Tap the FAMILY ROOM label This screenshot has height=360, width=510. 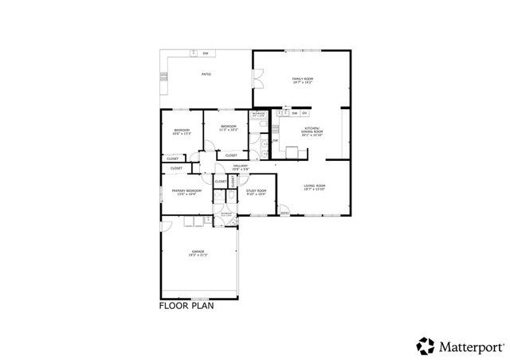pyautogui.click(x=302, y=79)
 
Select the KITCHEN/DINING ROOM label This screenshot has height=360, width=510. pyautogui.click(x=311, y=131)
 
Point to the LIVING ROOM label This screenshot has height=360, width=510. pyautogui.click(x=315, y=186)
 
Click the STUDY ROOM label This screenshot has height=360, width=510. pyautogui.click(x=256, y=190)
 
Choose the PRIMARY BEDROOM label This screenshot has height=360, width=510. pyautogui.click(x=186, y=191)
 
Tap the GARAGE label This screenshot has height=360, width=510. pyautogui.click(x=197, y=252)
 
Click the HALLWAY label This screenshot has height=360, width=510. pyautogui.click(x=241, y=166)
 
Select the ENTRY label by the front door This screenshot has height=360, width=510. pyautogui.click(x=284, y=213)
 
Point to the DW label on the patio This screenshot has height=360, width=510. pyautogui.click(x=205, y=53)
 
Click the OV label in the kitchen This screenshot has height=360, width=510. pyautogui.click(x=304, y=114)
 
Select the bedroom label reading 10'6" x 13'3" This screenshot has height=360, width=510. pyautogui.click(x=182, y=133)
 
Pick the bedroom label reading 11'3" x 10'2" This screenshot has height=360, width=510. pyautogui.click(x=229, y=129)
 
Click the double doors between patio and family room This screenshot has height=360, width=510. pyautogui.click(x=257, y=80)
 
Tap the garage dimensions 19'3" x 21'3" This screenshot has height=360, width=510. pyautogui.click(x=197, y=255)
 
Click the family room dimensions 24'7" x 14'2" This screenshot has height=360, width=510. pyautogui.click(x=302, y=82)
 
